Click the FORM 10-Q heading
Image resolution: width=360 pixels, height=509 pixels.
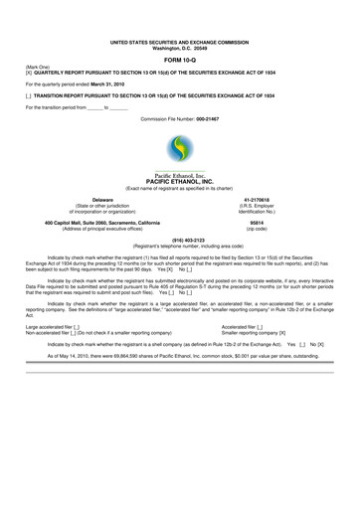click(x=180, y=62)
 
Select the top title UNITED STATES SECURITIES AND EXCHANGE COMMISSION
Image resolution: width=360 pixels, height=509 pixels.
click(x=180, y=43)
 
